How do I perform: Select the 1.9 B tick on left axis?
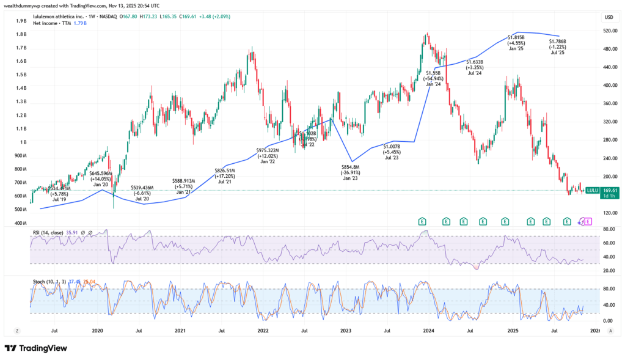click(x=21, y=21)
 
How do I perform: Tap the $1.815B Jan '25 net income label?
click(x=516, y=43)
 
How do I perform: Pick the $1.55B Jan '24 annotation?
click(x=433, y=78)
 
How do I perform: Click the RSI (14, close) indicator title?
click(x=54, y=232)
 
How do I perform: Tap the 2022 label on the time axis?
click(x=263, y=331)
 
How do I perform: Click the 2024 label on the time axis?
click(x=429, y=331)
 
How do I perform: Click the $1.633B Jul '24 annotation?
click(x=475, y=67)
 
